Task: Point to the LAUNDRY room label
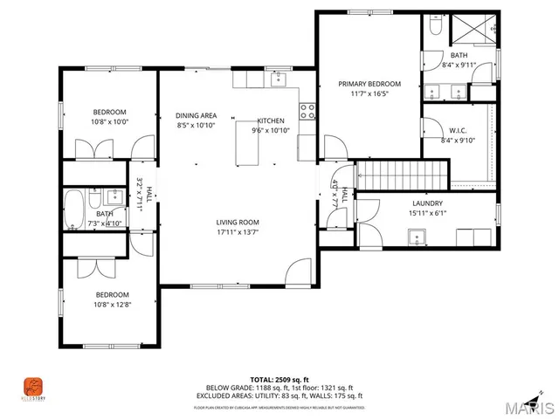pos(428,203)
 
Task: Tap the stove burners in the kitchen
pos(307,110)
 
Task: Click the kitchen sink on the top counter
pos(279,81)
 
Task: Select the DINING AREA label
pos(196,115)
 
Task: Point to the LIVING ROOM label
pos(238,222)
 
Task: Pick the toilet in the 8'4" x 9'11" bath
pos(435,26)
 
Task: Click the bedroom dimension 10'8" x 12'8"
pos(111,305)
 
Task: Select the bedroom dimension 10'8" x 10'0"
pos(111,121)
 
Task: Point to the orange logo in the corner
pos(33,386)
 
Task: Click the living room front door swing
pos(298,271)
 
